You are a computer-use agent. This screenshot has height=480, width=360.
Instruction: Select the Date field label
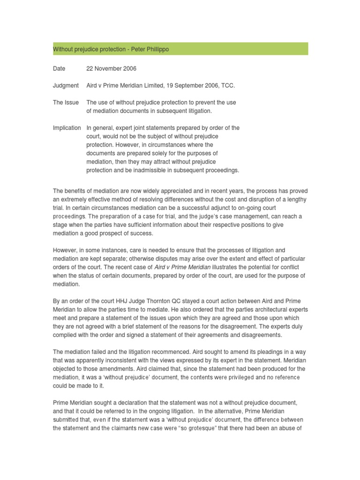coord(59,69)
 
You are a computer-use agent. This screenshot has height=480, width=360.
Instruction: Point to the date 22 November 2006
coord(112,69)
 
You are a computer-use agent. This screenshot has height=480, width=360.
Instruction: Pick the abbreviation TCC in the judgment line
coord(228,86)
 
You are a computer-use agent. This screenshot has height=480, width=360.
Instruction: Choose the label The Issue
coord(66,103)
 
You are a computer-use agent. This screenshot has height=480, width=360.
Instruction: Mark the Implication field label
coord(67,128)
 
